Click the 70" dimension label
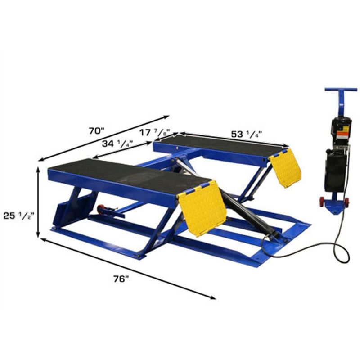(96, 131)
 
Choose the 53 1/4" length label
(247, 134)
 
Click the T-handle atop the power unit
(341, 90)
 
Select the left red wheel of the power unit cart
(322, 202)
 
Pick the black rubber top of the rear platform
(220, 145)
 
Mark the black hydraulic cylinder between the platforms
(245, 211)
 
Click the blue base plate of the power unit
(335, 208)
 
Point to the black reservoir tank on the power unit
(335, 171)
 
